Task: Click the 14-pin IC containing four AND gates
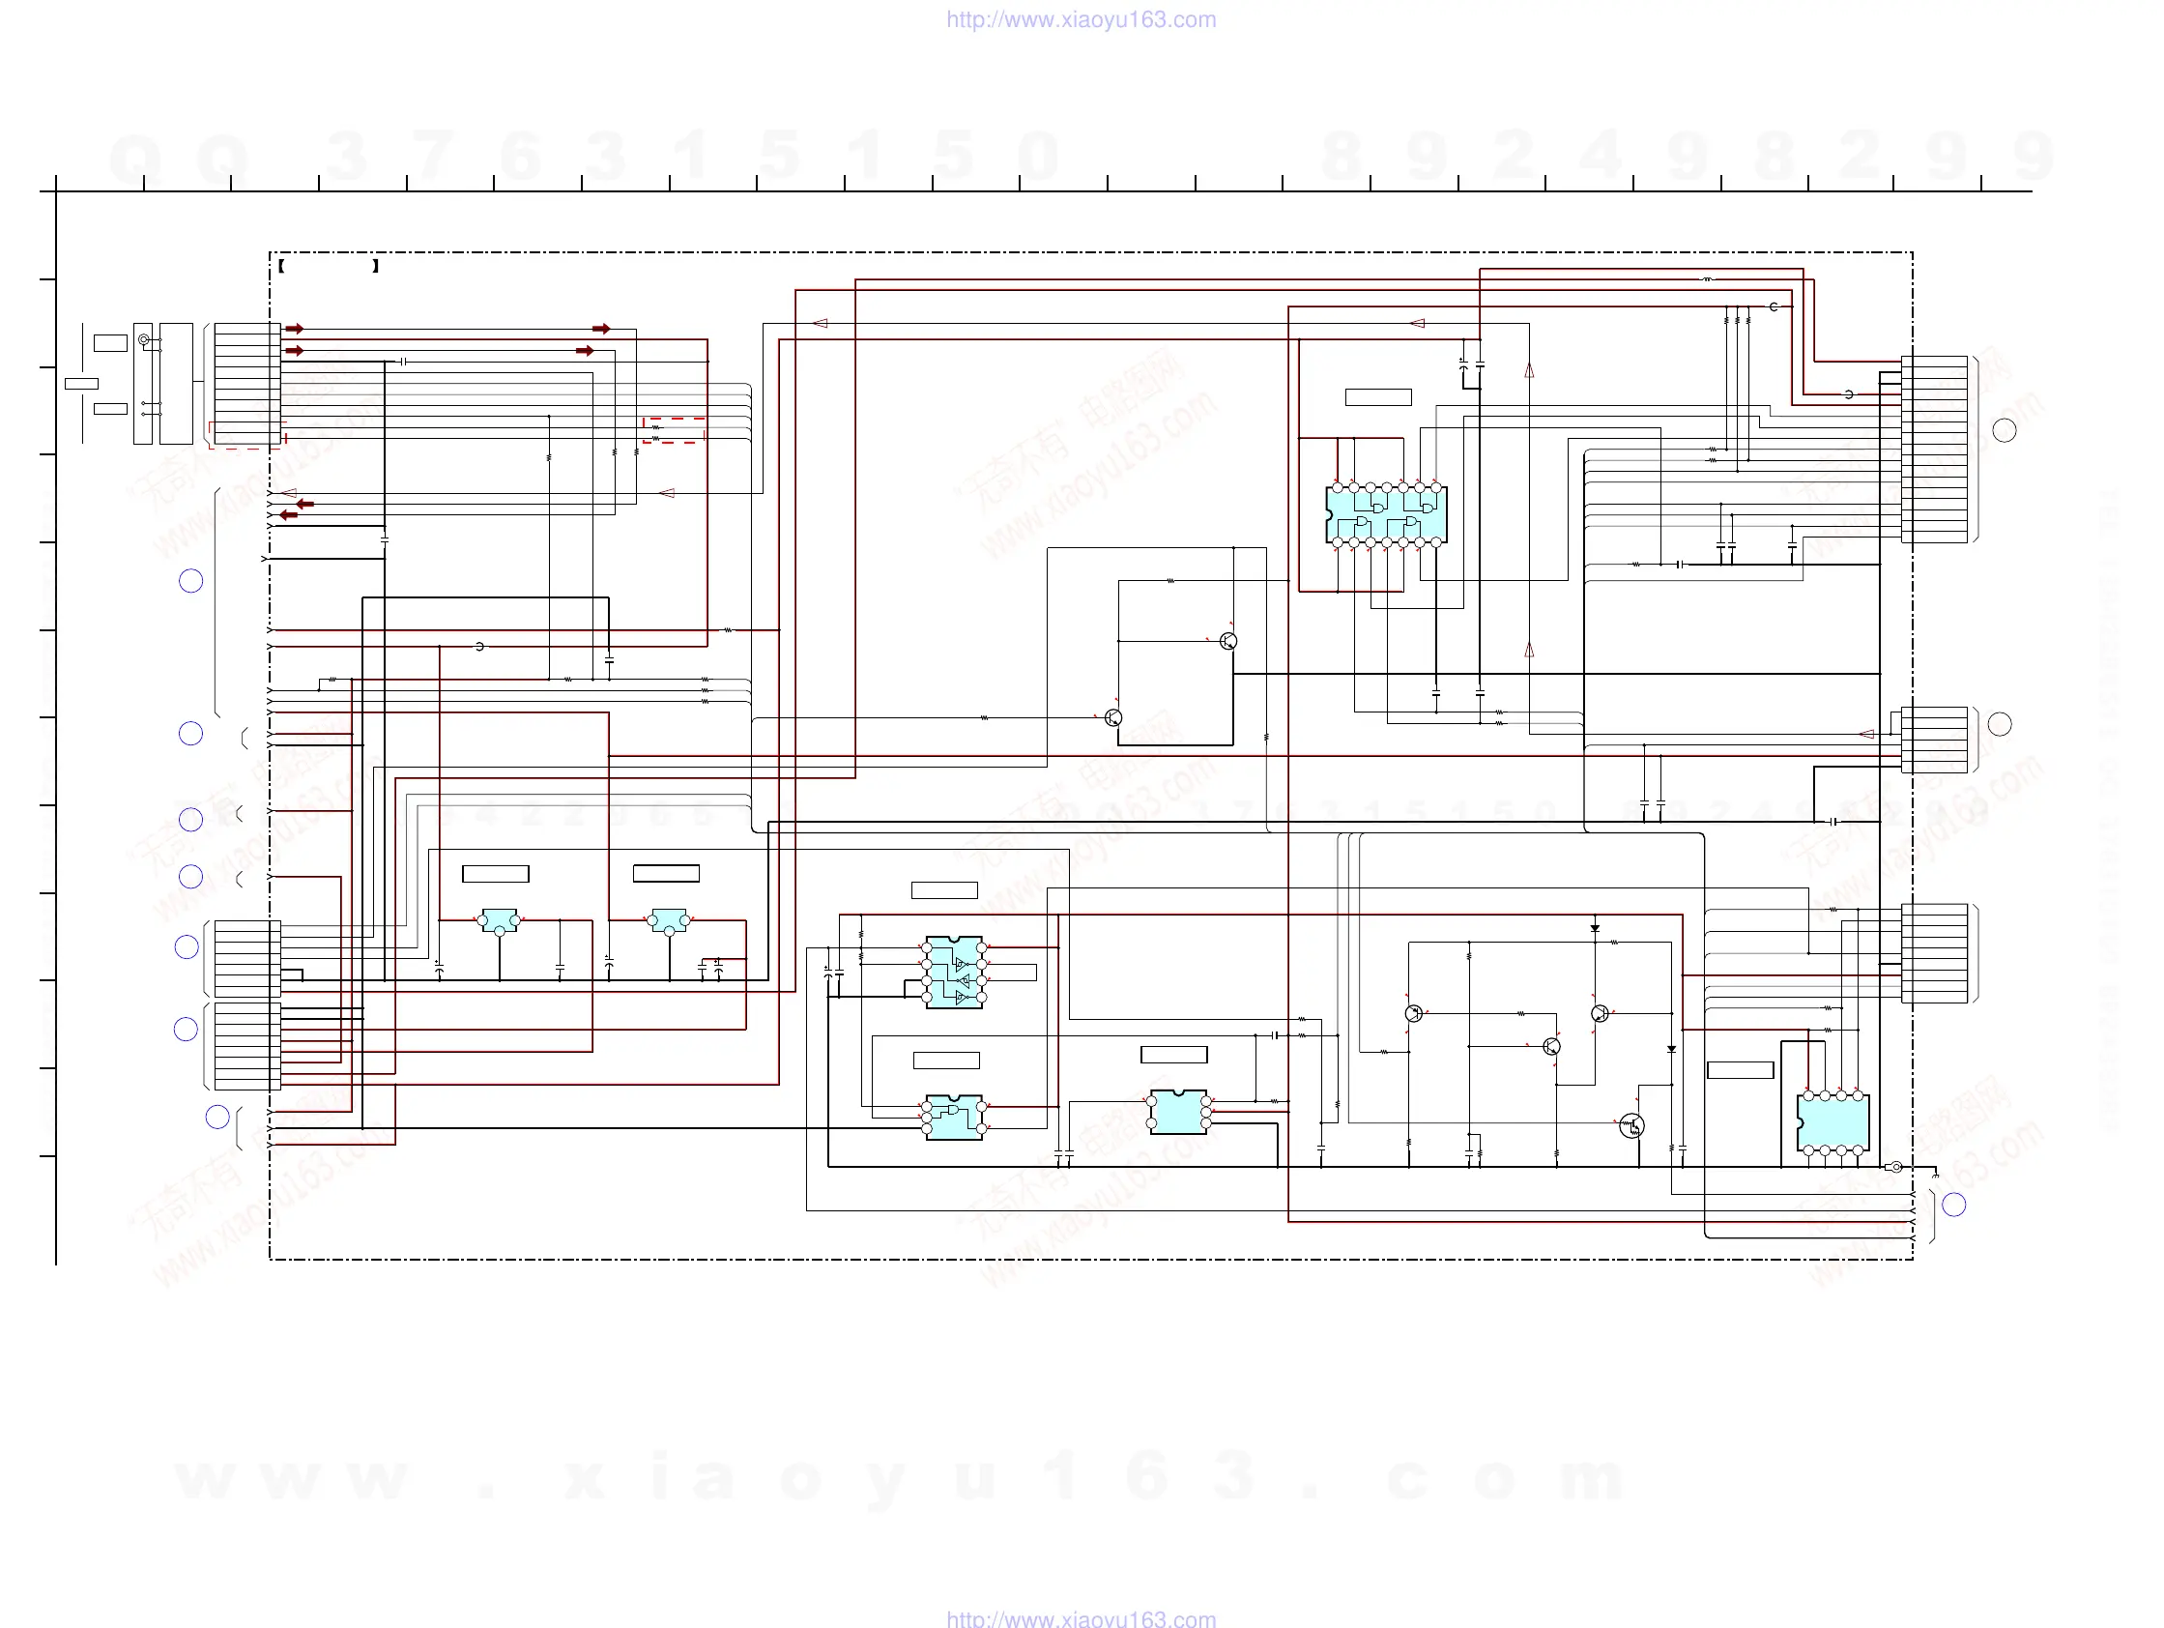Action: (x=1385, y=514)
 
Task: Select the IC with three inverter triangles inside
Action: (x=954, y=973)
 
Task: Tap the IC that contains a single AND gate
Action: (x=954, y=1118)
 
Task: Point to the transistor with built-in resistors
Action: (x=1631, y=1126)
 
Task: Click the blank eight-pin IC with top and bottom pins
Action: (x=1832, y=1123)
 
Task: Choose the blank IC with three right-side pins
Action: (x=1178, y=1113)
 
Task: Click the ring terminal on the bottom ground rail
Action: (x=1895, y=1167)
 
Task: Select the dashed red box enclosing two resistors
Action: (x=673, y=430)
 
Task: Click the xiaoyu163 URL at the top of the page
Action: (x=1081, y=19)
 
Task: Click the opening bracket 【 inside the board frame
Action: (x=282, y=266)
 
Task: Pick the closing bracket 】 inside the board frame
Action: (x=376, y=266)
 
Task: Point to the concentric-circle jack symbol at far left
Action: (x=144, y=339)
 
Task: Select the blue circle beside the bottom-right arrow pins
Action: (x=1953, y=1205)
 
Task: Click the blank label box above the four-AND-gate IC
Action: (x=1377, y=397)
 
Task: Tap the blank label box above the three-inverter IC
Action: (x=944, y=890)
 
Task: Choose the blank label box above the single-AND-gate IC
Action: (x=946, y=1061)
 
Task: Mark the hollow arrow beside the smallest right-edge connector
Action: (x=1865, y=734)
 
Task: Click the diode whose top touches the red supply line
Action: (x=1595, y=927)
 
